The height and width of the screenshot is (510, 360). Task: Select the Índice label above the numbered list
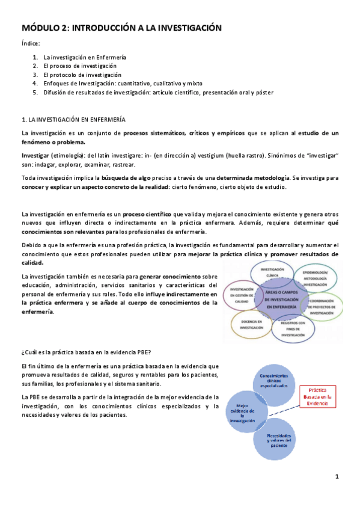click(x=31, y=44)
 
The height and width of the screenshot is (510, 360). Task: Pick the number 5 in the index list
click(x=35, y=93)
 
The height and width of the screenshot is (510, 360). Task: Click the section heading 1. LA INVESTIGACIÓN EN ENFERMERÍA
click(x=73, y=120)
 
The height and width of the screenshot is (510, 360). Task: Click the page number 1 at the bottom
click(x=337, y=477)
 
